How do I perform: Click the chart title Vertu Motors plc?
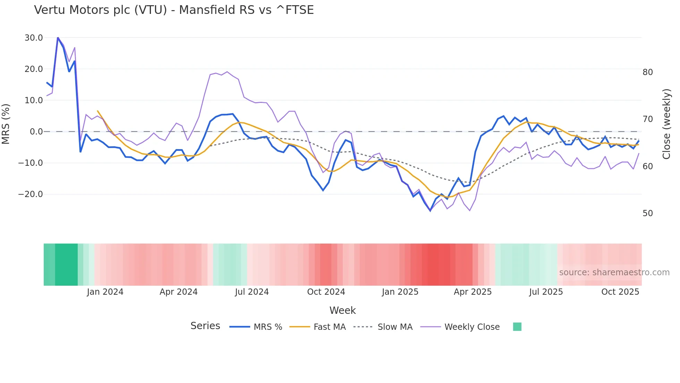173,10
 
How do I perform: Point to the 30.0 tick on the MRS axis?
34,38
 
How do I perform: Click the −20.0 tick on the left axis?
31,194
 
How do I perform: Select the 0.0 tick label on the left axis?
36,132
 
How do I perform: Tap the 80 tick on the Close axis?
647,72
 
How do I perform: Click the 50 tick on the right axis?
647,213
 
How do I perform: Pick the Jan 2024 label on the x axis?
105,292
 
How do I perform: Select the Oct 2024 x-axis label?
326,292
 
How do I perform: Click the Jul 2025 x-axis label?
546,292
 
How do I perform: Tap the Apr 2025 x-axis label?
473,292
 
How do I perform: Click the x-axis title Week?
342,310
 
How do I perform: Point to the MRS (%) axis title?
6,124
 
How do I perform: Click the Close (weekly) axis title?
666,124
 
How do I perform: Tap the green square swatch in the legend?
517,327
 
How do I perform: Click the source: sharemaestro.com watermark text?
614,272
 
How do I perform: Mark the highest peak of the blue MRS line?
58,38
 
